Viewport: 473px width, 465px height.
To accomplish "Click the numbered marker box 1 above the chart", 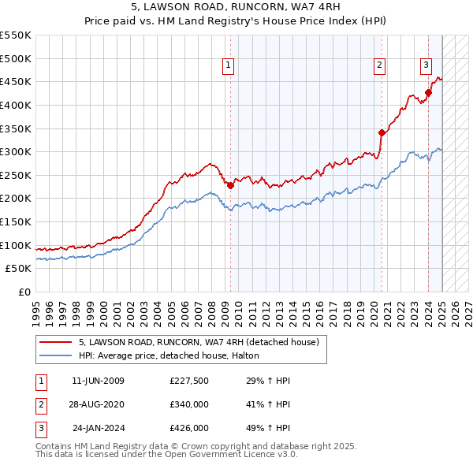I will [228, 66].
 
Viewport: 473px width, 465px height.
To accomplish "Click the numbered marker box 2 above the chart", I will [379, 66].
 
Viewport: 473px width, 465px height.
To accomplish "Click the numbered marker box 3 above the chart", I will [426, 66].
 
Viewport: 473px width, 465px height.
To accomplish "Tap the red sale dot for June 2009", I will [230, 185].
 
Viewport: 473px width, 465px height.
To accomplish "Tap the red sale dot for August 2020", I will [382, 132].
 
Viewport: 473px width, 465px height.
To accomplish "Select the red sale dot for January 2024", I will [428, 93].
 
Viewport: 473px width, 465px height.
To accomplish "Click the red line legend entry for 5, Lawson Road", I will [198, 342].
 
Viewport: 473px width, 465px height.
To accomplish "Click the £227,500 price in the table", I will [189, 381].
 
